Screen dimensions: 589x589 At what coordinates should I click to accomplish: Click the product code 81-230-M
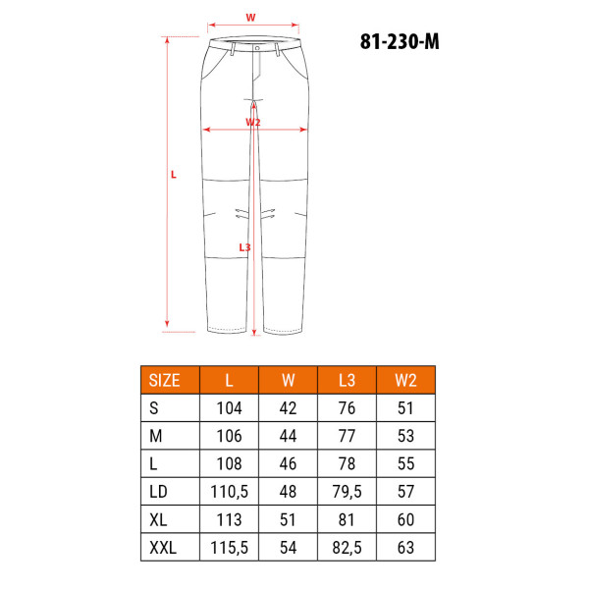(x=400, y=41)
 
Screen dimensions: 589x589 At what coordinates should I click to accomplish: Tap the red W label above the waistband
(x=250, y=18)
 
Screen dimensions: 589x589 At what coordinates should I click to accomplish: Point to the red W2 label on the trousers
(x=253, y=122)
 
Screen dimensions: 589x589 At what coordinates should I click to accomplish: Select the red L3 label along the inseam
(x=244, y=247)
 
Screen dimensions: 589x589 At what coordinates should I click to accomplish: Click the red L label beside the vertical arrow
(x=174, y=175)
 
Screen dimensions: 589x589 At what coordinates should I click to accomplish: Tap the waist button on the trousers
(x=257, y=48)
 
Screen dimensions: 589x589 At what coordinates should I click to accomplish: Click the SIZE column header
(x=165, y=381)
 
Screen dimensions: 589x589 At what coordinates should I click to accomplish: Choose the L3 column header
(x=347, y=381)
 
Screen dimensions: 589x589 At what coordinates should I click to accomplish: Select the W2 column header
(x=405, y=381)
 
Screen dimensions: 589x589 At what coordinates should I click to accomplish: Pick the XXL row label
(x=163, y=548)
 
